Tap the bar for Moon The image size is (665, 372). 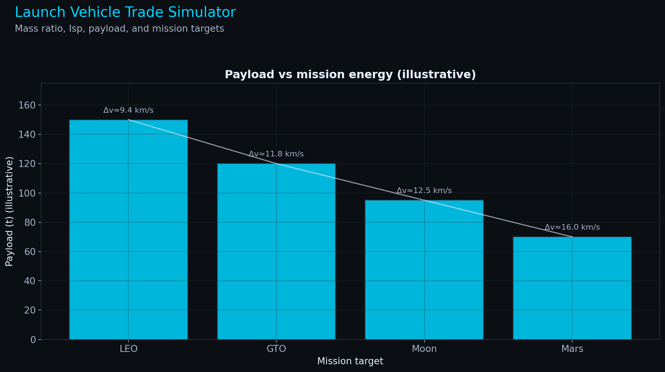[424, 270]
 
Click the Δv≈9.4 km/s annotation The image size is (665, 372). [128, 110]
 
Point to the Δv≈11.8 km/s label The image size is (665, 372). [276, 154]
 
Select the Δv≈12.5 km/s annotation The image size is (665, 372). [424, 191]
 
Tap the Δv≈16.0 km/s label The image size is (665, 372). [572, 227]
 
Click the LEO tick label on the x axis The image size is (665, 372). [128, 349]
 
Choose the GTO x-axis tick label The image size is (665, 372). [276, 349]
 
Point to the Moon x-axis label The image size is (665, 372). [424, 349]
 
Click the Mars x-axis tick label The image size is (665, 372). [572, 349]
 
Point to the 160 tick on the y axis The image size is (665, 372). [30, 105]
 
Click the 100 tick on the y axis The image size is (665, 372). [30, 193]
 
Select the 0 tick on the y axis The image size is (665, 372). [33, 340]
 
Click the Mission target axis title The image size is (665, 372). [350, 361]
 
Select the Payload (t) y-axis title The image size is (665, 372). [9, 211]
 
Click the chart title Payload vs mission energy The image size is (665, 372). [350, 75]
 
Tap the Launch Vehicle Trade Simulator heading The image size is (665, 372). [125, 12]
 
